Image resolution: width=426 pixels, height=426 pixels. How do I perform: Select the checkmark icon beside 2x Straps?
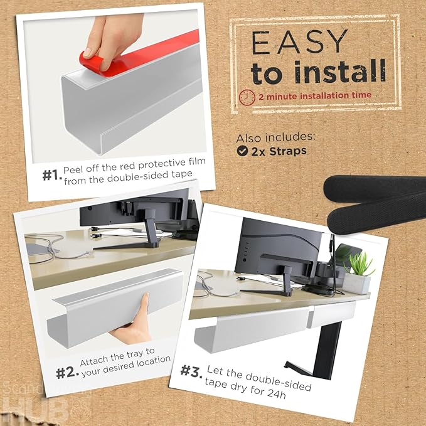[242, 151]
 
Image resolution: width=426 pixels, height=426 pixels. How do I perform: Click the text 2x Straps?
[279, 151]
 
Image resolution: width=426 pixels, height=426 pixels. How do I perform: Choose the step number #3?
[191, 371]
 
